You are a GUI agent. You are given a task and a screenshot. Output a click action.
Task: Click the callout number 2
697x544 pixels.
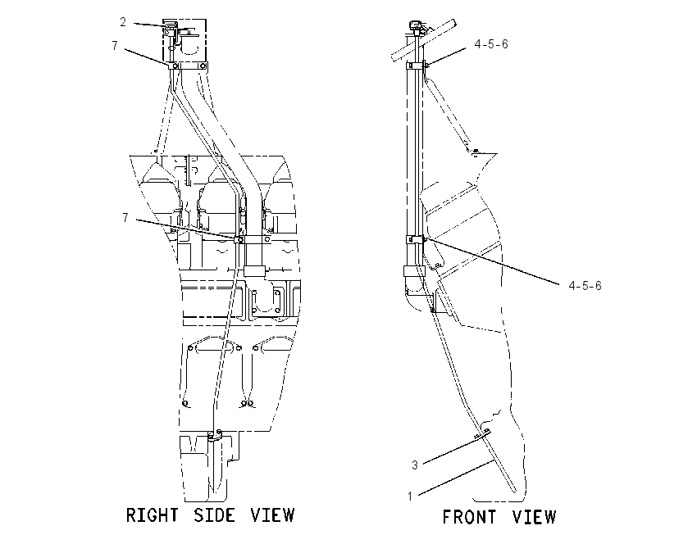tap(123, 22)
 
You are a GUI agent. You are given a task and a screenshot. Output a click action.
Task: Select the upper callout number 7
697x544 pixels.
tap(115, 45)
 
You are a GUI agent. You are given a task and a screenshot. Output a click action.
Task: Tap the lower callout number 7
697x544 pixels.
tap(125, 218)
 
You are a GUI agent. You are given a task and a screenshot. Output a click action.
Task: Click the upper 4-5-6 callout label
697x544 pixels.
tap(491, 44)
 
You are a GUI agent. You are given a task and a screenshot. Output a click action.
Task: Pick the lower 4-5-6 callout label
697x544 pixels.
tap(585, 286)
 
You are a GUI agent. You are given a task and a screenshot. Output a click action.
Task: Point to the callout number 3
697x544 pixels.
tap(415, 465)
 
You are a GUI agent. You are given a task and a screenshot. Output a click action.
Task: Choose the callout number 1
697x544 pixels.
tap(410, 496)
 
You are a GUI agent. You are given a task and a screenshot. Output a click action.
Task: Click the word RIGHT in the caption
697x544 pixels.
tap(152, 515)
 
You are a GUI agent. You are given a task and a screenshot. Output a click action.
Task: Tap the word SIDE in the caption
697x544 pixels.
tap(214, 515)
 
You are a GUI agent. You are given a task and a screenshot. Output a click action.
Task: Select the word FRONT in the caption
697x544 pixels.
tap(469, 517)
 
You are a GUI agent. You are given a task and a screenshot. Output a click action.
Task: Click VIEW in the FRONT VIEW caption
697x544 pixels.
tap(535, 517)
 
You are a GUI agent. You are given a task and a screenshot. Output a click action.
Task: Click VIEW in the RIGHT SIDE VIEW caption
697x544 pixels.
tap(272, 515)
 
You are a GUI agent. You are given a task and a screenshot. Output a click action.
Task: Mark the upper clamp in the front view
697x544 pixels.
tap(417, 66)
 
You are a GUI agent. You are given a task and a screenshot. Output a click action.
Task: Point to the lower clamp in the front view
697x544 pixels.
tap(417, 240)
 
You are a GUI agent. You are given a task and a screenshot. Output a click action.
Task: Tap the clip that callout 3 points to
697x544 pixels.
tap(483, 433)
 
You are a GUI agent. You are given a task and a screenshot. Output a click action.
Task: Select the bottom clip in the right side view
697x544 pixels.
tap(216, 436)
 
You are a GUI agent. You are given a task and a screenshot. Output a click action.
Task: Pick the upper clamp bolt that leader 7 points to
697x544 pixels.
tap(175, 66)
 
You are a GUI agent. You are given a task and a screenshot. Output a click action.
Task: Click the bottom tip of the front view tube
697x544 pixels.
tap(515, 491)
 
